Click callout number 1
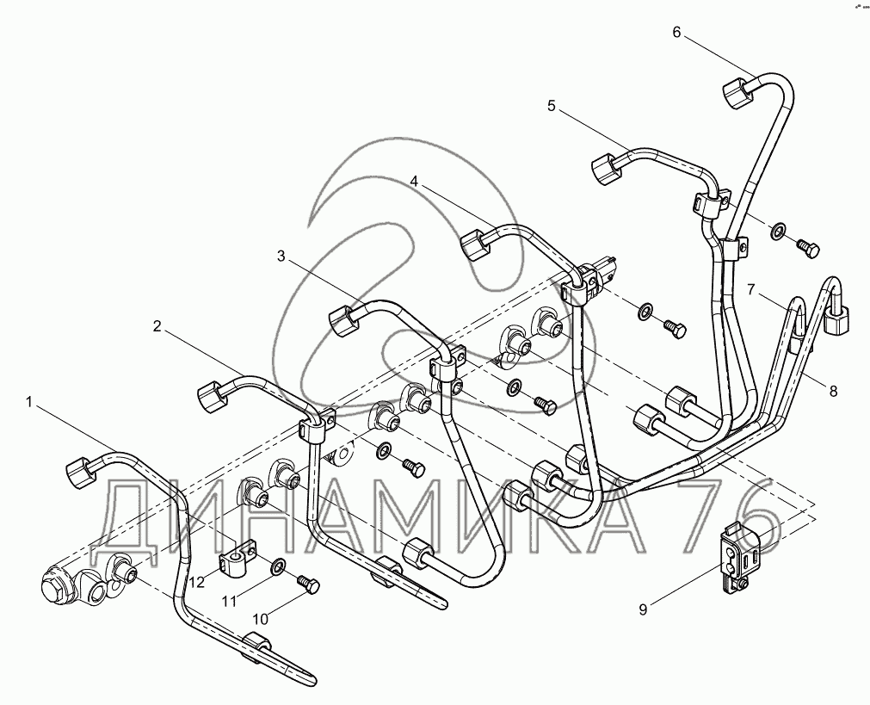pos(29,401)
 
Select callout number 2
pos(157,325)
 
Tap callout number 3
pos(281,256)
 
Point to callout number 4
pos(414,182)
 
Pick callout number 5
pos(552,106)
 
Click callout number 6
pos(676,33)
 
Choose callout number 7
pos(750,289)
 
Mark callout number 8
pos(832,390)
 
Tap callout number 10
pos(261,618)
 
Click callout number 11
pos(227,600)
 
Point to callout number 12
pos(197,583)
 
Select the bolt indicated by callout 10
pos(309,584)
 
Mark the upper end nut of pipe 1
pos(79,470)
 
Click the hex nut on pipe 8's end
pos(837,322)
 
